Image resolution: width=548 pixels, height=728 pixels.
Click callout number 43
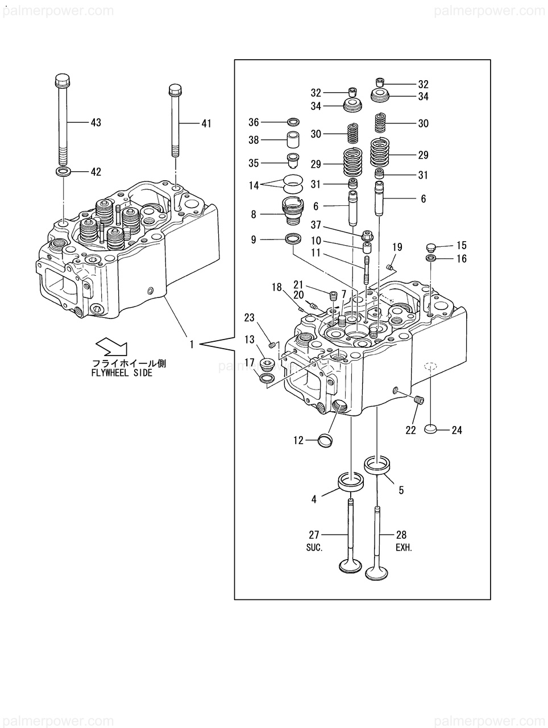pyautogui.click(x=96, y=122)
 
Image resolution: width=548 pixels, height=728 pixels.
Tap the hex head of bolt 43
pyautogui.click(x=63, y=80)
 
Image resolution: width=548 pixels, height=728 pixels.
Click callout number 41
pyautogui.click(x=206, y=123)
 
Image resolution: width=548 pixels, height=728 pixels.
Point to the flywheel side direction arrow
pyautogui.click(x=111, y=346)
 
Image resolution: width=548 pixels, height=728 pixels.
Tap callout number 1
pyautogui.click(x=191, y=345)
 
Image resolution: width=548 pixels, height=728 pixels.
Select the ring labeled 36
pyautogui.click(x=293, y=122)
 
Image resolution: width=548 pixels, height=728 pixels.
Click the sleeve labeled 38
pyautogui.click(x=293, y=140)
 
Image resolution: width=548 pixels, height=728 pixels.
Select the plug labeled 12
pyautogui.click(x=325, y=441)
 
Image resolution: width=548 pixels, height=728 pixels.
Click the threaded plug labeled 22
pyautogui.click(x=420, y=400)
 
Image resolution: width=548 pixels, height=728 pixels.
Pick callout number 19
pyautogui.click(x=397, y=247)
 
